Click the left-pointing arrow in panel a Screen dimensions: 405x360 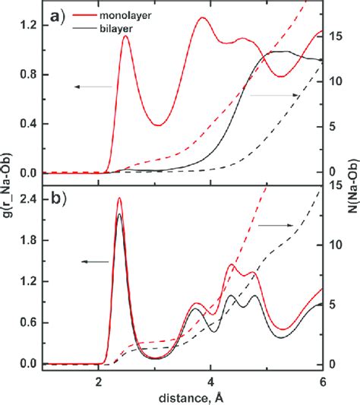(92, 87)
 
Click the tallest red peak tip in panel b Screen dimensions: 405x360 (119, 198)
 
